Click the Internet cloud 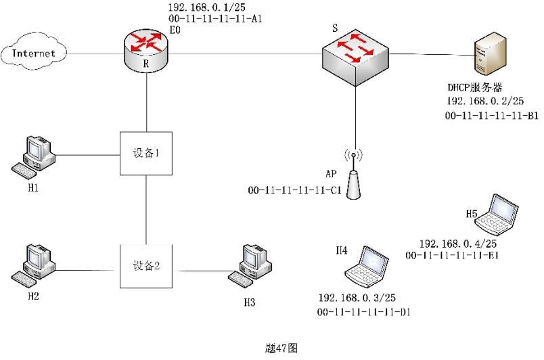click(x=35, y=53)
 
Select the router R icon click(x=147, y=49)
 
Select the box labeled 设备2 click(x=146, y=265)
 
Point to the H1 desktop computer click(x=35, y=155)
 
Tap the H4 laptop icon click(x=367, y=266)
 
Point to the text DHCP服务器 click(x=474, y=87)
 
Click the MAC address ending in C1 click(x=294, y=191)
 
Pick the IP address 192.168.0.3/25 click(x=357, y=298)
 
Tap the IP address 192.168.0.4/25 click(x=459, y=244)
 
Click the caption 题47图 click(x=281, y=348)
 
